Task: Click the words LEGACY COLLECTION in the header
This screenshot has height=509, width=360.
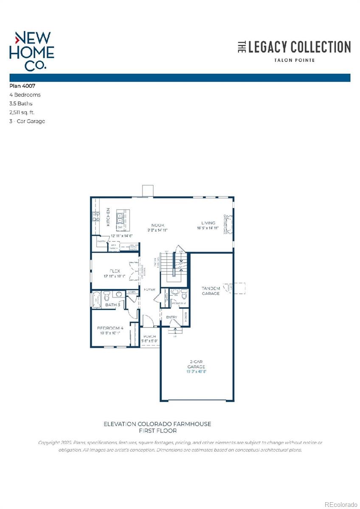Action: click(299, 47)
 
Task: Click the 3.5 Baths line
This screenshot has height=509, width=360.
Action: click(21, 103)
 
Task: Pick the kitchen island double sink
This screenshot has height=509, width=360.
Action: click(120, 218)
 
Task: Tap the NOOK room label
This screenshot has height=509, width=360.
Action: click(158, 225)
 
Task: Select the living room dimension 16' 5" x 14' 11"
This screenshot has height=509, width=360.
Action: click(208, 228)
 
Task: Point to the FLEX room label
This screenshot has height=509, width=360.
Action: click(115, 271)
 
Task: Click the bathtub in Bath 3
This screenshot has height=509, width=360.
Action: click(96, 299)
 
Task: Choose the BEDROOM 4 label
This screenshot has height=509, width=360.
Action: click(110, 328)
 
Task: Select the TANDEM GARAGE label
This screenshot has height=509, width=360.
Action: click(211, 291)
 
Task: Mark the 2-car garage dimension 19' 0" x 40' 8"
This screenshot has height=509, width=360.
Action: click(197, 371)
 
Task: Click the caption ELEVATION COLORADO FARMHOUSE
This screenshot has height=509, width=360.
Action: click(157, 424)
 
